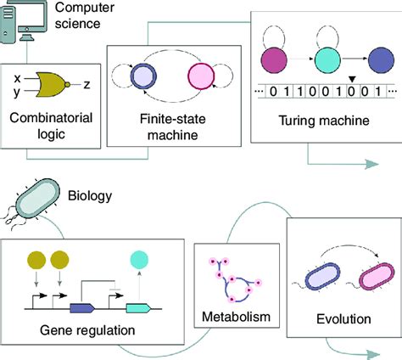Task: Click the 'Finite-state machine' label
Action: click(x=172, y=126)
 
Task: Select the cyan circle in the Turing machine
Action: click(x=327, y=61)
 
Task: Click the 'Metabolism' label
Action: click(x=235, y=317)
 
